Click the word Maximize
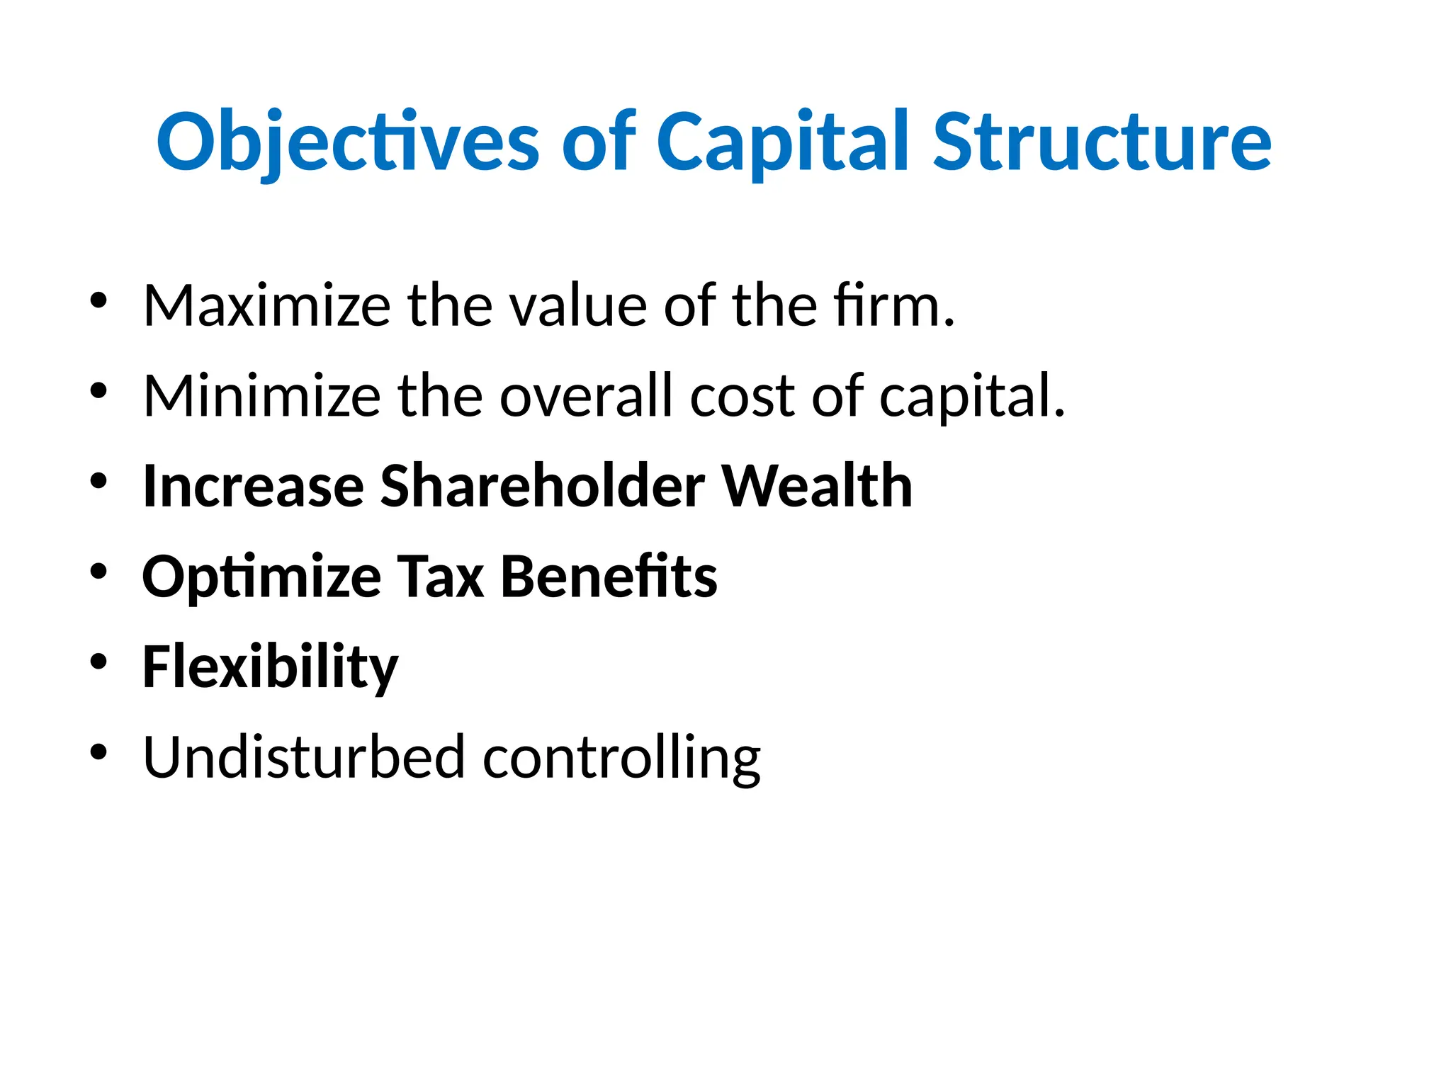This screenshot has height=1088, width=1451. [x=266, y=306]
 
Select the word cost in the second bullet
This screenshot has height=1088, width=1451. [x=742, y=396]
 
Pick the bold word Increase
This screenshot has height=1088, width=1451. [x=253, y=487]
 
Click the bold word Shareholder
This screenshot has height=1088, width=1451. [x=542, y=487]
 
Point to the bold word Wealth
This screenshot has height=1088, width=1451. [x=816, y=487]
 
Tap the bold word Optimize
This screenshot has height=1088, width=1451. [x=261, y=577]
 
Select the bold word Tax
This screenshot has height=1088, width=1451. [x=440, y=577]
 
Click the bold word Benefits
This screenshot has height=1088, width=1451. [x=609, y=577]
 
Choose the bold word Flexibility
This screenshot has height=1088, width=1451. [x=270, y=667]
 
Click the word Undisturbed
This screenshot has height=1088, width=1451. [x=303, y=758]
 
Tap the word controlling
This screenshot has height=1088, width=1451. [x=621, y=758]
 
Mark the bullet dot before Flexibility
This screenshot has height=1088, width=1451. [x=98, y=662]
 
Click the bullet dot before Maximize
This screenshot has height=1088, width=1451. [x=98, y=300]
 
